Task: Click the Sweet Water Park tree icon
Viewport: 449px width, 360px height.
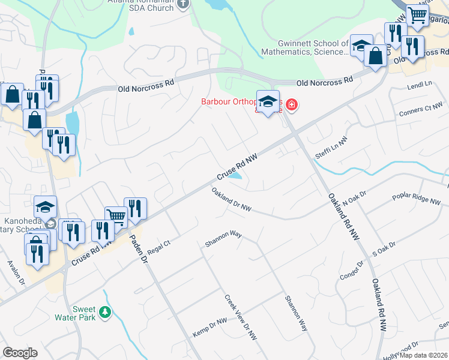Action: (106, 312)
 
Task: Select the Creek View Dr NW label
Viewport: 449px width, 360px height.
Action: (241, 318)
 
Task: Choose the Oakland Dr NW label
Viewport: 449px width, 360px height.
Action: (231, 199)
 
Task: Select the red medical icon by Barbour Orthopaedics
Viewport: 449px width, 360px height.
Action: (292, 106)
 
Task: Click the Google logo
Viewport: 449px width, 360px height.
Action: (20, 353)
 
